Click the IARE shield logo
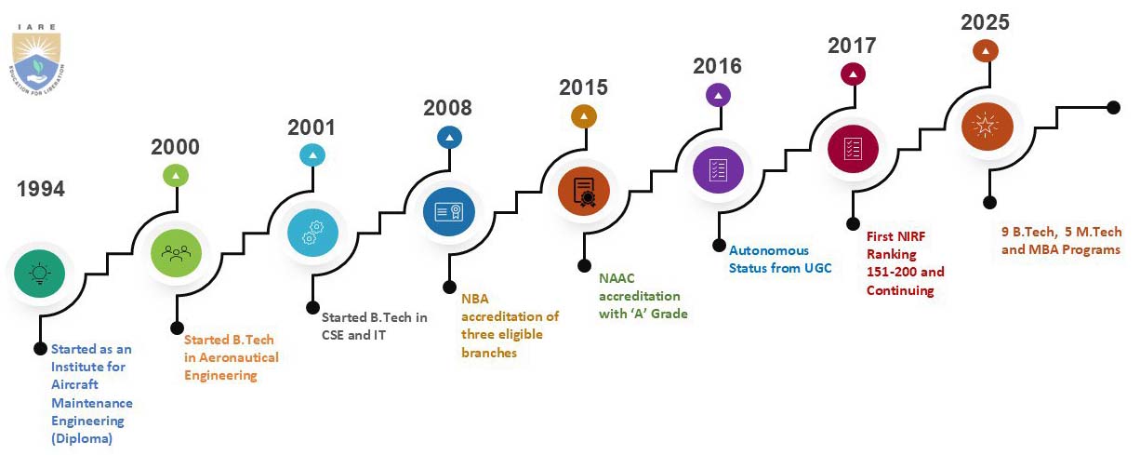[36, 60]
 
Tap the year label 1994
[41, 189]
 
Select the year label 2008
[448, 108]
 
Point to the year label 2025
[985, 22]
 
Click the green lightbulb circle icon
[40, 274]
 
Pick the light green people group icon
[176, 253]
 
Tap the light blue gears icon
[312, 232]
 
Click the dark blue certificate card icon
[449, 211]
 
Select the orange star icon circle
[988, 126]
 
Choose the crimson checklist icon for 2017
[853, 149]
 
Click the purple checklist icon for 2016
[718, 169]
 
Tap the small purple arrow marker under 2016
[718, 95]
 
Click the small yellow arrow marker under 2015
[584, 116]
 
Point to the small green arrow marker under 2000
[176, 176]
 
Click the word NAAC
[616, 278]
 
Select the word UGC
[818, 268]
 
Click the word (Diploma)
[82, 438]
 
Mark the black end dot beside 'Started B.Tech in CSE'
[312, 307]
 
